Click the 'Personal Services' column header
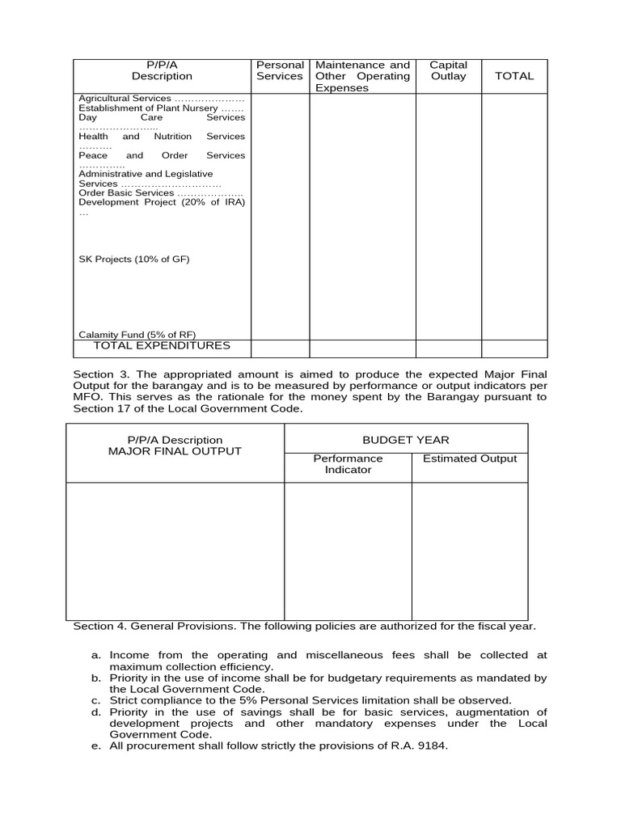[x=280, y=70]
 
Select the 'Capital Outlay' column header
[x=448, y=70]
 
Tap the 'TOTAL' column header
[x=514, y=76]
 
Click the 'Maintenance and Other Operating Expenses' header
[x=362, y=76]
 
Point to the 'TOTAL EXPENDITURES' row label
[x=162, y=346]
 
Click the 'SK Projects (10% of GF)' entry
[x=133, y=260]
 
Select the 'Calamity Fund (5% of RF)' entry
[x=137, y=334]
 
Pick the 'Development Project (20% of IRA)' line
[x=161, y=202]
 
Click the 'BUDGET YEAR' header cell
[x=406, y=440]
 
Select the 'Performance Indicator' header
[x=348, y=464]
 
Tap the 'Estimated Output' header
[x=470, y=458]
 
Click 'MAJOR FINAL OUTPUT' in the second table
[x=175, y=451]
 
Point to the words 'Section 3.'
[x=99, y=374]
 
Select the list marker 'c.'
[x=95, y=700]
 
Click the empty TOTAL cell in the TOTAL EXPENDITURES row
[x=514, y=349]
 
